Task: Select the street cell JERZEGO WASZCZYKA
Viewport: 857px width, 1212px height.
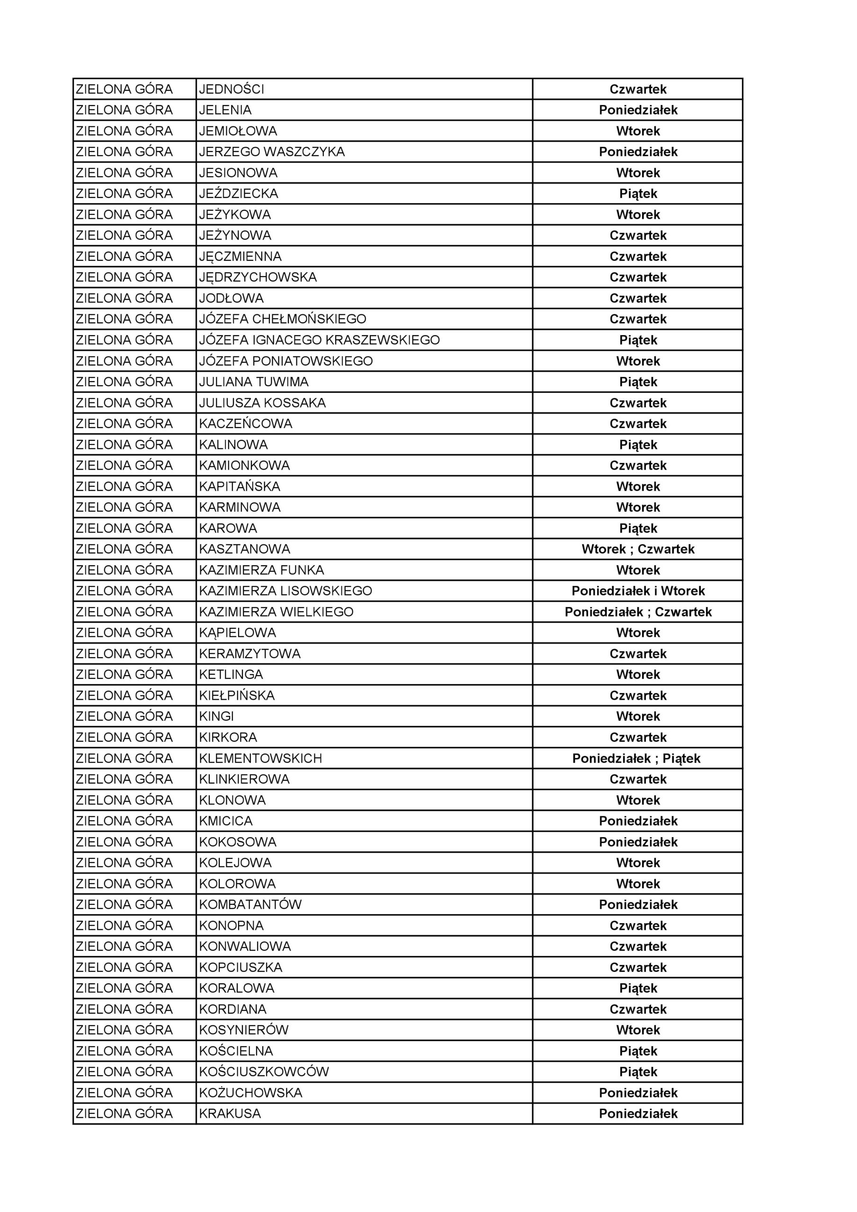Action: click(x=271, y=152)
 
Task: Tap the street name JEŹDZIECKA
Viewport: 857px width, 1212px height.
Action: click(x=238, y=194)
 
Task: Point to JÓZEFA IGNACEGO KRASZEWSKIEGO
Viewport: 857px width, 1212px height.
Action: click(x=319, y=340)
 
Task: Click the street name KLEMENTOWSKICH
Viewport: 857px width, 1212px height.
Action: click(x=260, y=758)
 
